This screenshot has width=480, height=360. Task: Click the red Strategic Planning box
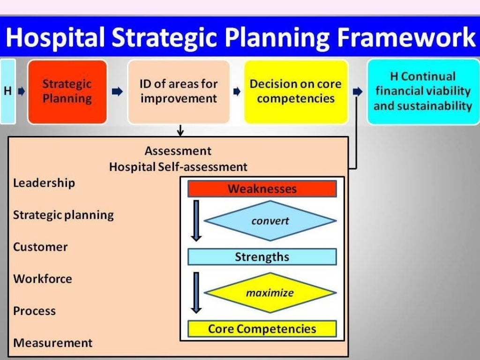point(67,92)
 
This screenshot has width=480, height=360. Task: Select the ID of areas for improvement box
point(179,92)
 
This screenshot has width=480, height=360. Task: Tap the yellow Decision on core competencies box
point(295,92)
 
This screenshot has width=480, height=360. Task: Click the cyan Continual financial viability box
point(422,92)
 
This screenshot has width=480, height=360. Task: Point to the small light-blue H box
point(8,91)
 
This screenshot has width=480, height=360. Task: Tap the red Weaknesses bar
point(262,189)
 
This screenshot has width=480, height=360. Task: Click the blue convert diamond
point(270,221)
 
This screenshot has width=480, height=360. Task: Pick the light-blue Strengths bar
point(262,257)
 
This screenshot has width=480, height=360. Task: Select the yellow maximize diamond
point(270,293)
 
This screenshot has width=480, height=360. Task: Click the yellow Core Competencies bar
point(262,329)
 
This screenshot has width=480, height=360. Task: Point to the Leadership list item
point(44,183)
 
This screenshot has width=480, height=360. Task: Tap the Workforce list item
point(42,279)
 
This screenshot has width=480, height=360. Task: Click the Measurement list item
point(52,343)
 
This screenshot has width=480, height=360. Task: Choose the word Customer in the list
point(40,247)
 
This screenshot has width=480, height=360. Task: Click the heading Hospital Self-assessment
point(178,166)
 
